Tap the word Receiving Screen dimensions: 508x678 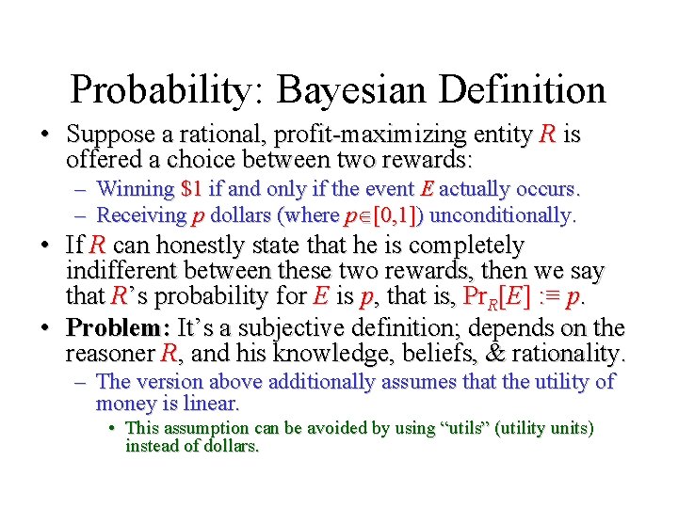140,214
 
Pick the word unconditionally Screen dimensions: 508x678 503,214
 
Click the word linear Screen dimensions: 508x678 214,405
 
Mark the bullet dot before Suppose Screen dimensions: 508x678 45,135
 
